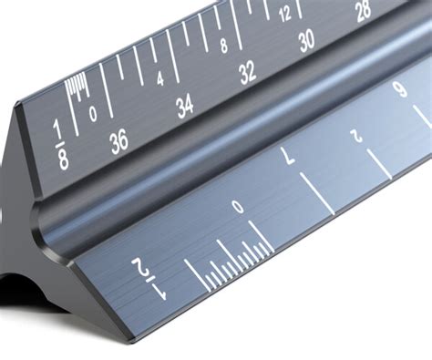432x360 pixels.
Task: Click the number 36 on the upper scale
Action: point(118,141)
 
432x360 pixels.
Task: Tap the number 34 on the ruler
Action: point(185,108)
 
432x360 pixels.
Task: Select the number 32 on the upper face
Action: point(247,76)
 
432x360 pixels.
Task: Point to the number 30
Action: point(306,39)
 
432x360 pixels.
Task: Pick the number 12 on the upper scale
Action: point(285,14)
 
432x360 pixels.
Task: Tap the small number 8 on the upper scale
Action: point(223,46)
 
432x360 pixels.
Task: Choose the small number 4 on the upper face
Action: point(160,78)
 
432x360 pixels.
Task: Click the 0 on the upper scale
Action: point(94,115)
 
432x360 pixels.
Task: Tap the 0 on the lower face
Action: point(238,209)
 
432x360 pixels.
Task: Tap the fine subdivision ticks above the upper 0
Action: point(76,87)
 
